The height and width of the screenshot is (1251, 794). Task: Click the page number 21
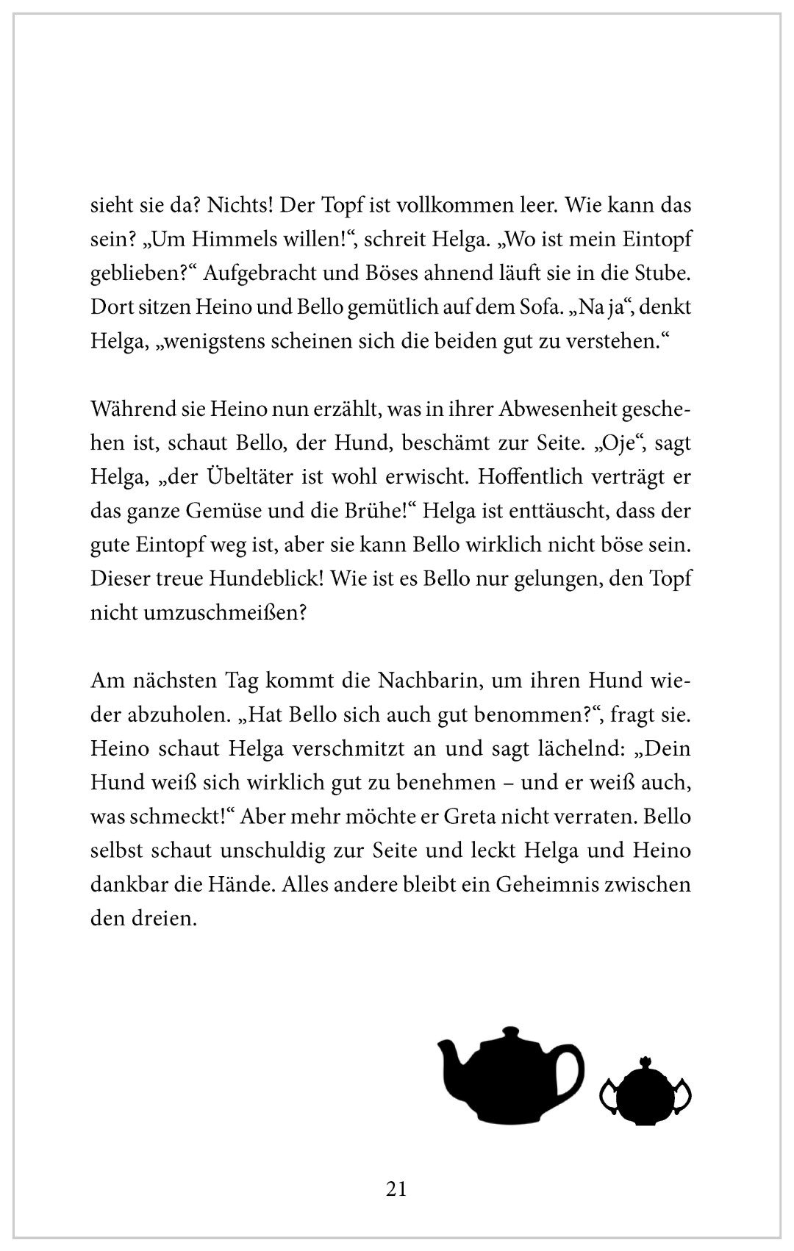[396, 1189]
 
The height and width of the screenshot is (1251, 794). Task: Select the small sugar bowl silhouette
[646, 1094]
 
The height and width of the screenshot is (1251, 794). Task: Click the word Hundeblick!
[260, 578]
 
